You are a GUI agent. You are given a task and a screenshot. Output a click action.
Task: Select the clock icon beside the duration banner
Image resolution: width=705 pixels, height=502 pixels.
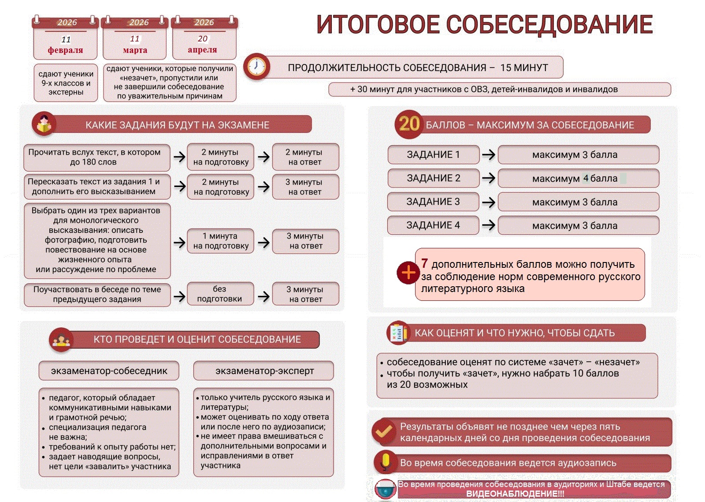coord(256,67)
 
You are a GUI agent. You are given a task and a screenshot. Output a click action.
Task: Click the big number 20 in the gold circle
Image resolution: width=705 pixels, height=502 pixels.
coord(409,124)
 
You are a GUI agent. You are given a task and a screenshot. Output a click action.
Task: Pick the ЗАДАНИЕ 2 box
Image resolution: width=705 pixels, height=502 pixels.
coord(434,178)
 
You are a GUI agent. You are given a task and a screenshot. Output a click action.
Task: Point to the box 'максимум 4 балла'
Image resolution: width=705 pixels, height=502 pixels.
coord(578,179)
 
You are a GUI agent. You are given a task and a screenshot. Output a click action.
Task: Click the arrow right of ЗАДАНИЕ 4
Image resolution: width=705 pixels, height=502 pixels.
coord(488,225)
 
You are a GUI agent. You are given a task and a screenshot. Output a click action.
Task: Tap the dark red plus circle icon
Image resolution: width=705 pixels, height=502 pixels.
coord(408,273)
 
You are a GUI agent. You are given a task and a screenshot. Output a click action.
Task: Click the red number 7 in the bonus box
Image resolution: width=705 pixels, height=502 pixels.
coord(424,264)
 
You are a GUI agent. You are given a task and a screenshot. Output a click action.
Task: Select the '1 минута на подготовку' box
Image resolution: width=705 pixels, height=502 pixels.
coord(221,241)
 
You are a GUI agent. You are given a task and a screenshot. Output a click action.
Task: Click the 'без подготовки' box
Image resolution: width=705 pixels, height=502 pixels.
coord(219,294)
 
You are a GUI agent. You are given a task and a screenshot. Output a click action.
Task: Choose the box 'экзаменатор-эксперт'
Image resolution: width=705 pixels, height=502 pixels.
coord(264,371)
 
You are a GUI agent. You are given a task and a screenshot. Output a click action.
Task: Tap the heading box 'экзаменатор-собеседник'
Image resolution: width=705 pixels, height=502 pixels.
coord(109,371)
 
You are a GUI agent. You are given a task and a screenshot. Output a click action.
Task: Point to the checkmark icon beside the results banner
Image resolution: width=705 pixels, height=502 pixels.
coord(383,431)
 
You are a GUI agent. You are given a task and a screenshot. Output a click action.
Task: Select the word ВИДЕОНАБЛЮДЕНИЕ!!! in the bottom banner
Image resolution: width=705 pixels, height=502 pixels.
coord(515,494)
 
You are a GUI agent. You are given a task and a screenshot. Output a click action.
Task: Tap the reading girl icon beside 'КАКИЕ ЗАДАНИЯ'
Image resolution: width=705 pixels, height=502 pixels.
coord(44,124)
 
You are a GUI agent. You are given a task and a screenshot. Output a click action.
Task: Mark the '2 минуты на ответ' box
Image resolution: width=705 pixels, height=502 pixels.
coord(305,157)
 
